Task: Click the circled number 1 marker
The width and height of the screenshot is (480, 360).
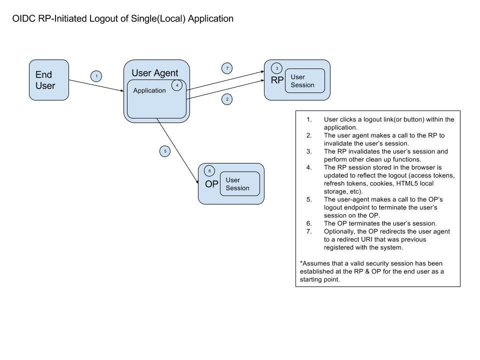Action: click(x=96, y=76)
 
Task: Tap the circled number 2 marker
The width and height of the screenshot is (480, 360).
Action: click(x=227, y=99)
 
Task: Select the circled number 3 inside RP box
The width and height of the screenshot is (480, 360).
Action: click(x=277, y=68)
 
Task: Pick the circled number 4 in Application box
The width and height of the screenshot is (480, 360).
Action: click(x=177, y=85)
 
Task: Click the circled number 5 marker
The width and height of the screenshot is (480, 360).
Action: click(x=165, y=151)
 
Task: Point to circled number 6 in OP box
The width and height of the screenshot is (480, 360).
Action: click(x=209, y=171)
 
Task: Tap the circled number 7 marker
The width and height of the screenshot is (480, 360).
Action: click(x=227, y=68)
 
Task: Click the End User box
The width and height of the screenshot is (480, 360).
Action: click(x=48, y=80)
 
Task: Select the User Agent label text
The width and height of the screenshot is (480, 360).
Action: click(x=154, y=73)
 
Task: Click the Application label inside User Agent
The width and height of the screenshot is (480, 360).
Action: click(x=149, y=90)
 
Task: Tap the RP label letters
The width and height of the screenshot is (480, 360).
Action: click(x=277, y=80)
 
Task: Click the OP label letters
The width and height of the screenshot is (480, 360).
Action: click(x=211, y=183)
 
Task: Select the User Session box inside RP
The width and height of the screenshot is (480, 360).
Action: click(x=304, y=81)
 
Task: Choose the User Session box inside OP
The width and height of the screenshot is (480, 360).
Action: click(x=240, y=184)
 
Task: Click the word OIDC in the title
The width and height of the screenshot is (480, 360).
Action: click(x=24, y=19)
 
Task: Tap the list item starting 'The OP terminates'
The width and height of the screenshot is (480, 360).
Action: click(x=380, y=223)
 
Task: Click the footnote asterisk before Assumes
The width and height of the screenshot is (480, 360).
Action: click(x=301, y=263)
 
